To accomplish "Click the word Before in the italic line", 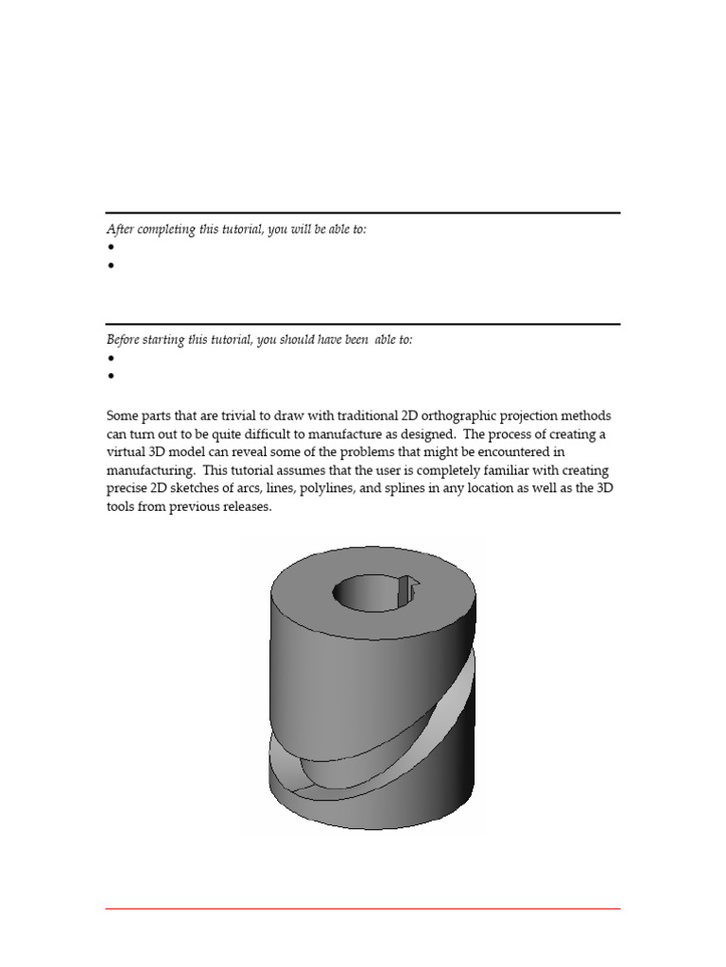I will coord(122,340).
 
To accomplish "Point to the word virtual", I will coord(128,452).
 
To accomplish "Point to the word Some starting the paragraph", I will coord(123,417).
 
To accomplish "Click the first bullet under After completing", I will coord(111,247).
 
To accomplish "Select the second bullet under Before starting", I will coord(111,376).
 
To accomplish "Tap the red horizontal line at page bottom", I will coord(363,909).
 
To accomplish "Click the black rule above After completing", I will coord(363,213).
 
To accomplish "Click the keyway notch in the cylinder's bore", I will coord(407,590).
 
